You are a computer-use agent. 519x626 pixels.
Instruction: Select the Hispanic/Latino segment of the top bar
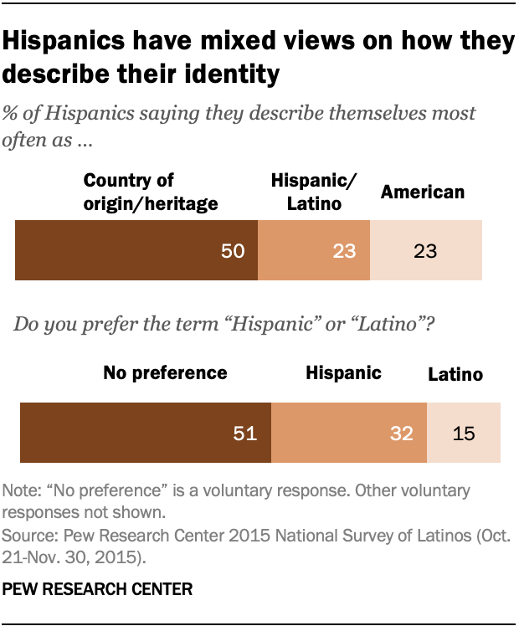(313, 250)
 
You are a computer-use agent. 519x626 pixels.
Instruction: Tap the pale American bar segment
(426, 250)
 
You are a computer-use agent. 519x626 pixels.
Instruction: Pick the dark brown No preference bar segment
(145, 432)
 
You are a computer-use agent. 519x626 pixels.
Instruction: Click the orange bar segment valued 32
(349, 432)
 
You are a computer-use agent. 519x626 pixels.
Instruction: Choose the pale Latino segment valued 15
(464, 432)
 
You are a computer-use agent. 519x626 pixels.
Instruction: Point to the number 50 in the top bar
(233, 251)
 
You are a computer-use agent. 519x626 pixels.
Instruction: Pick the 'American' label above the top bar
(422, 192)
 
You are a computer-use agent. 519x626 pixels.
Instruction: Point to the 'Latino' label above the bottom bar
(455, 375)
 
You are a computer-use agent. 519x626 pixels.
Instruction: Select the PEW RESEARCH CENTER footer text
(98, 589)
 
